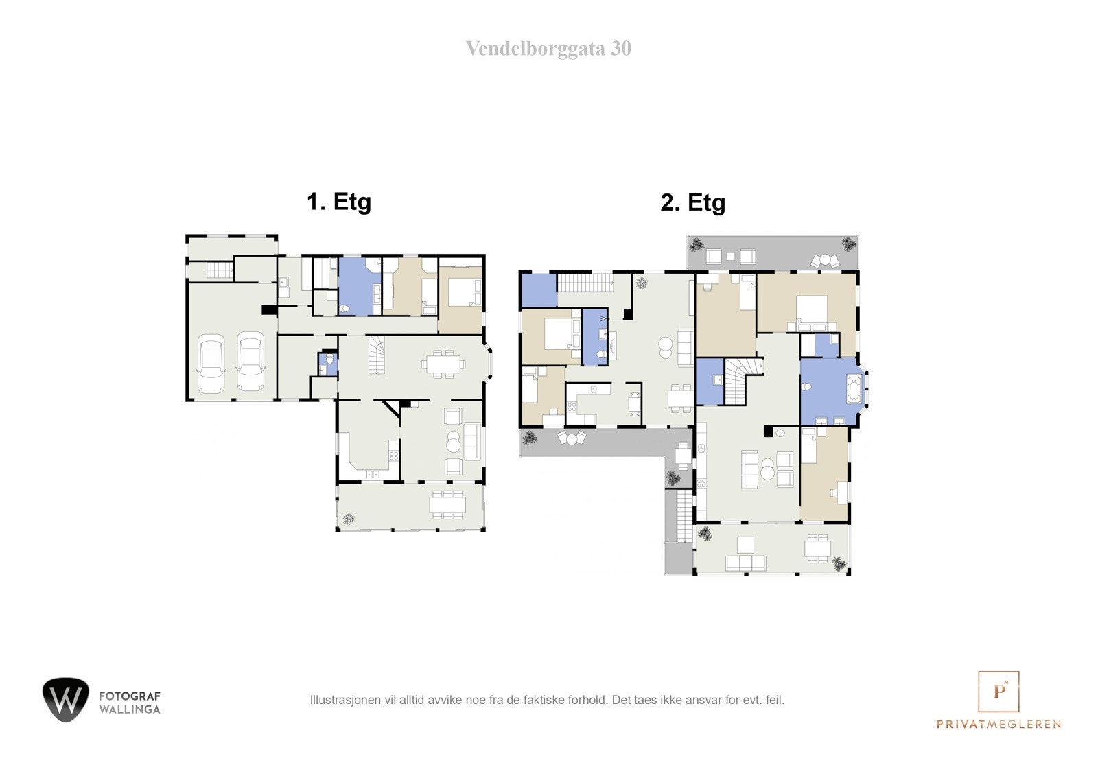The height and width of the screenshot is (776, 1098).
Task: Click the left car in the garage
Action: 211,364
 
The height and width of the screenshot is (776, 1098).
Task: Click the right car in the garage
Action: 250,362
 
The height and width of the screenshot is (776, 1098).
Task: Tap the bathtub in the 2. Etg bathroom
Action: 854,389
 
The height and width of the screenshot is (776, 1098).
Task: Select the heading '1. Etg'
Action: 338,202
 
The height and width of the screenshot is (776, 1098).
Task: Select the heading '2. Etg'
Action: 692,202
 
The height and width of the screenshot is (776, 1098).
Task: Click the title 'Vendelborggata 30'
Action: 548,49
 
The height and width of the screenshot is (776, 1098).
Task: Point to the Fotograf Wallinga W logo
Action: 66,700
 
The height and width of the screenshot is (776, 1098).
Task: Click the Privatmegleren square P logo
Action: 998,692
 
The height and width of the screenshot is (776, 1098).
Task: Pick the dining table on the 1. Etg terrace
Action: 447,504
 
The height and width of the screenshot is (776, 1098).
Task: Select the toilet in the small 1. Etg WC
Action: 329,360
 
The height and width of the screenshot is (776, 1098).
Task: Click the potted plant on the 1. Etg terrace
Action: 349,519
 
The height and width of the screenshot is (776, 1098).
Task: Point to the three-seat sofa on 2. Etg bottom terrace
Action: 746,563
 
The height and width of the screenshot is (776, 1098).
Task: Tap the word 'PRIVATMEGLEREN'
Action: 998,724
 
